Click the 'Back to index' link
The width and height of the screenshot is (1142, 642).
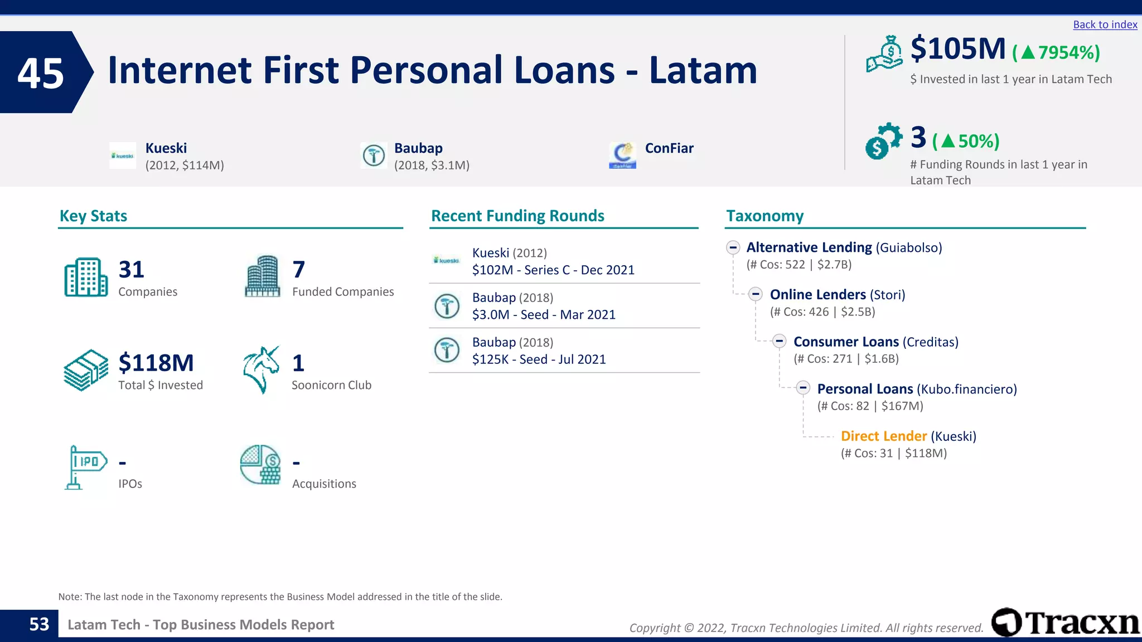[x=1105, y=25]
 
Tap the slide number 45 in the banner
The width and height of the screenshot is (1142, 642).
[x=41, y=73]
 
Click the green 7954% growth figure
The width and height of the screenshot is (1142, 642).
[x=1056, y=52]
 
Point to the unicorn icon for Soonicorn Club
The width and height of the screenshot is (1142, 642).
[x=261, y=369]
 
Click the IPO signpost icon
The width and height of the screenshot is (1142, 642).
[x=84, y=467]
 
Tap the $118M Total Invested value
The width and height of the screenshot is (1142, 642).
[x=156, y=363]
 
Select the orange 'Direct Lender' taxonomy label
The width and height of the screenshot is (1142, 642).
[x=883, y=436]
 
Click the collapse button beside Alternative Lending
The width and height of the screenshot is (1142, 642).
[x=733, y=247]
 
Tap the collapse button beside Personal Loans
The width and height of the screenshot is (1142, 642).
[x=803, y=388]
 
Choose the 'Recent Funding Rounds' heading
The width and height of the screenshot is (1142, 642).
[x=517, y=216]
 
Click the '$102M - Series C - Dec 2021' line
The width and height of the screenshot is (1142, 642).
[x=553, y=270]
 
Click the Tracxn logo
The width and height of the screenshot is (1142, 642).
[x=1065, y=622]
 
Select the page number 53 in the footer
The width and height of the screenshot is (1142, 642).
[x=39, y=624]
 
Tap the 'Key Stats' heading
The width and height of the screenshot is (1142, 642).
[x=93, y=216]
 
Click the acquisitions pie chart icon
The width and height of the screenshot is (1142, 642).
[x=260, y=465]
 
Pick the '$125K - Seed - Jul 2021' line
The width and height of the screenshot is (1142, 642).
[x=539, y=359]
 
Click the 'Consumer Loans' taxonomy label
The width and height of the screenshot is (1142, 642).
[x=846, y=342]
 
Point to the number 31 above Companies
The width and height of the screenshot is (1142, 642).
[x=132, y=270]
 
